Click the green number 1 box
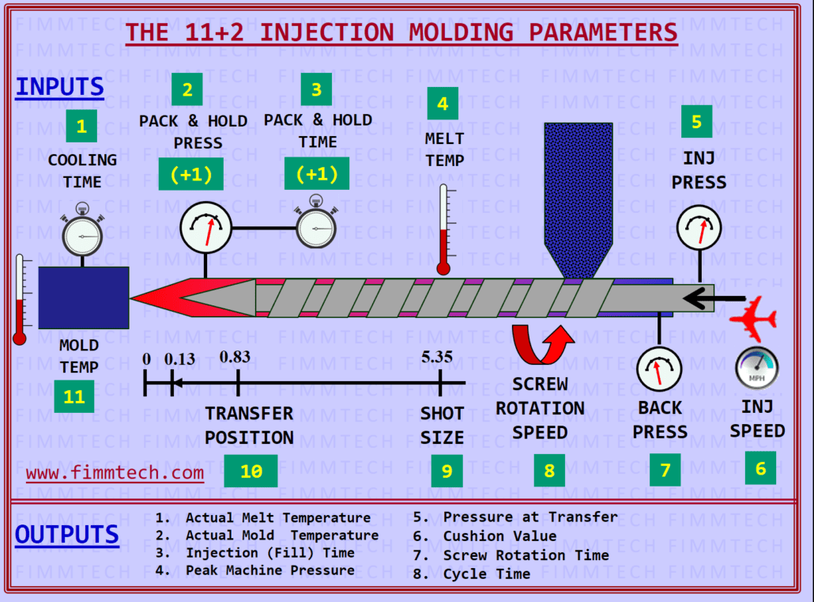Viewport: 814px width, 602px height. [x=81, y=126]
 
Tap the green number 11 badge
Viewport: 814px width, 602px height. [x=74, y=397]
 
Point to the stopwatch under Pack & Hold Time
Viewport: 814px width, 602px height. [x=316, y=228]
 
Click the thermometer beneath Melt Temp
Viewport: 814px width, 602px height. [x=443, y=230]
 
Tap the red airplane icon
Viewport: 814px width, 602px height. [x=753, y=318]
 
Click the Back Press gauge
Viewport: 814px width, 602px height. [x=660, y=369]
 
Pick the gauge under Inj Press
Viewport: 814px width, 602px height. [x=699, y=229]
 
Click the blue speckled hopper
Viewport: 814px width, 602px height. [x=578, y=198]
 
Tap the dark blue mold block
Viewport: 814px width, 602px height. [x=84, y=297]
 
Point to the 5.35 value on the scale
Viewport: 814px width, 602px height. [x=437, y=357]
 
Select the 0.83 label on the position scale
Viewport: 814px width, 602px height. [x=236, y=357]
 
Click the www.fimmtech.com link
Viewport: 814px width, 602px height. [x=115, y=473]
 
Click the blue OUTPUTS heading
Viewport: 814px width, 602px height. [x=67, y=535]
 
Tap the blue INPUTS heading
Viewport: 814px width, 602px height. [x=60, y=87]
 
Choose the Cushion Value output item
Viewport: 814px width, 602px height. [x=499, y=536]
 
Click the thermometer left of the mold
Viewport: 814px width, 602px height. [x=20, y=301]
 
